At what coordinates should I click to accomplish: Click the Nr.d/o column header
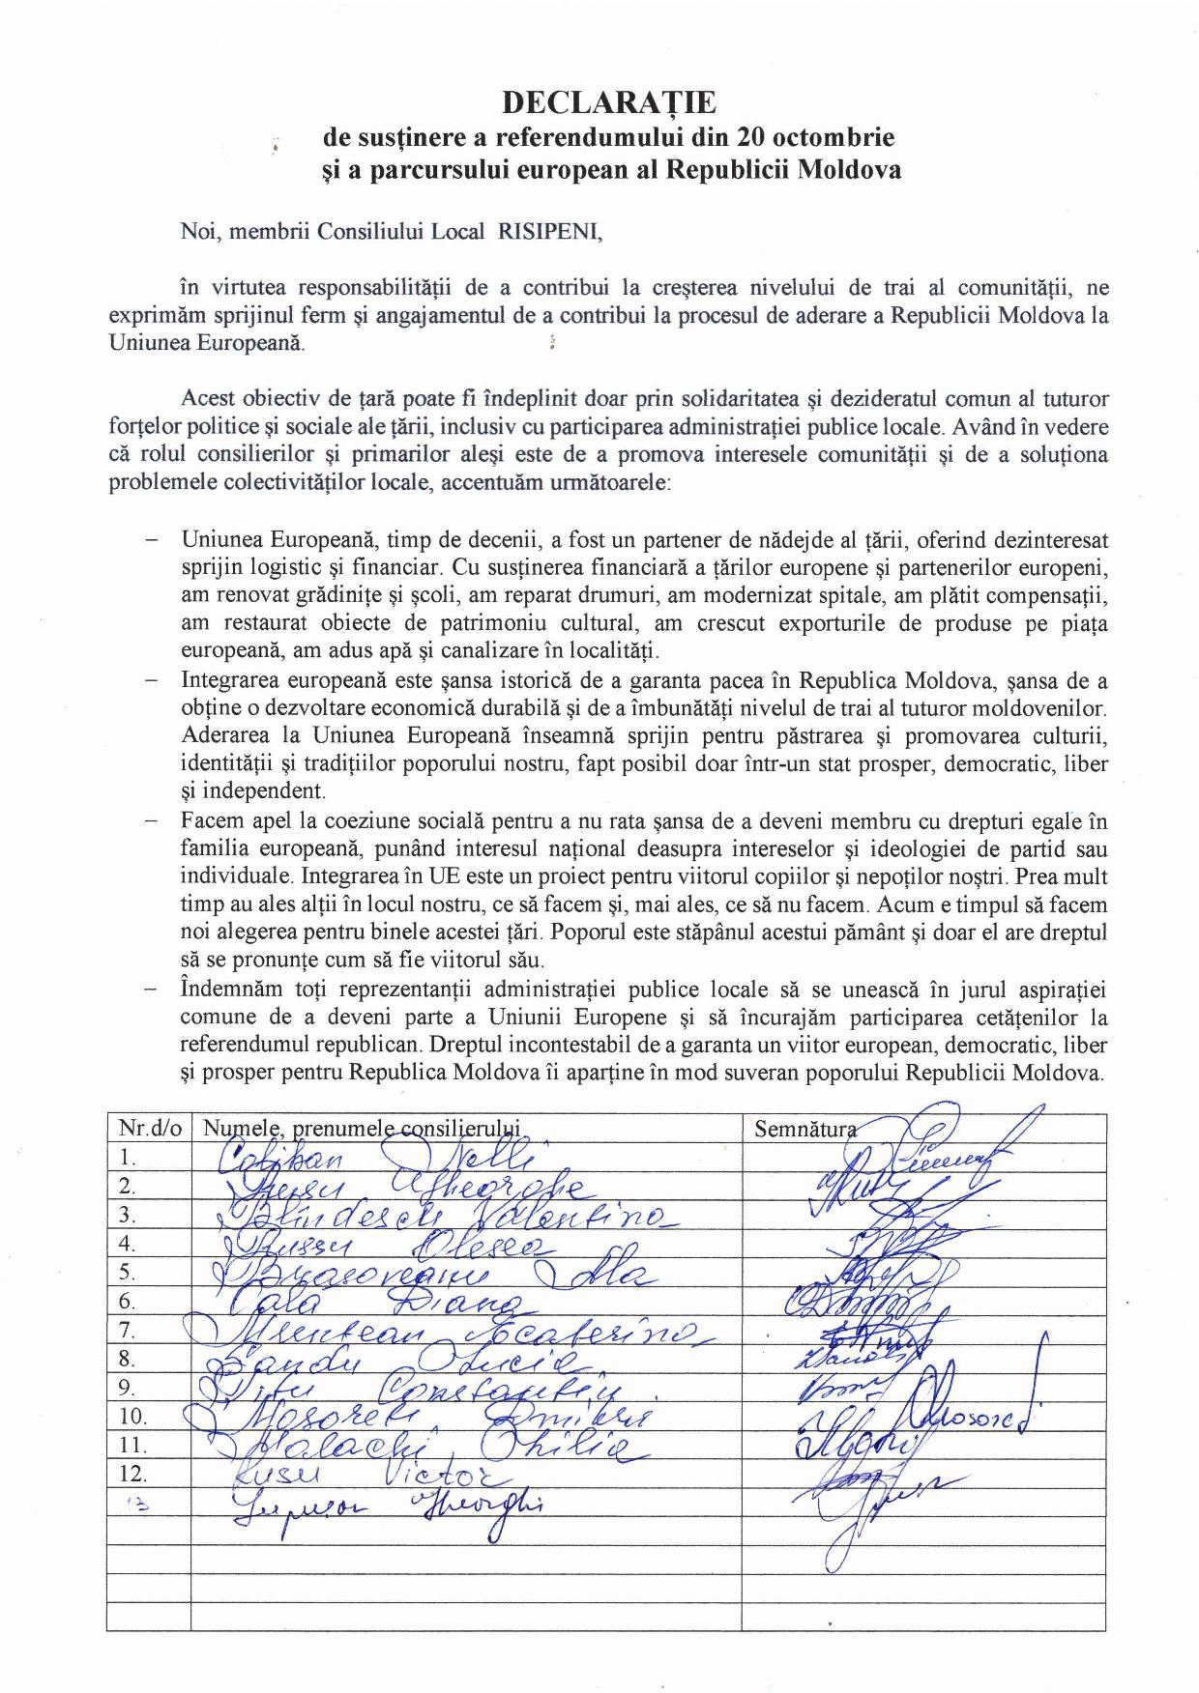click(150, 1128)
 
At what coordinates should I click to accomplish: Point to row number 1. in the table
click(128, 1157)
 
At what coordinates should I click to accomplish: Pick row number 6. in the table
click(128, 1301)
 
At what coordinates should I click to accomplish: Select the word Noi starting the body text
click(196, 232)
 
